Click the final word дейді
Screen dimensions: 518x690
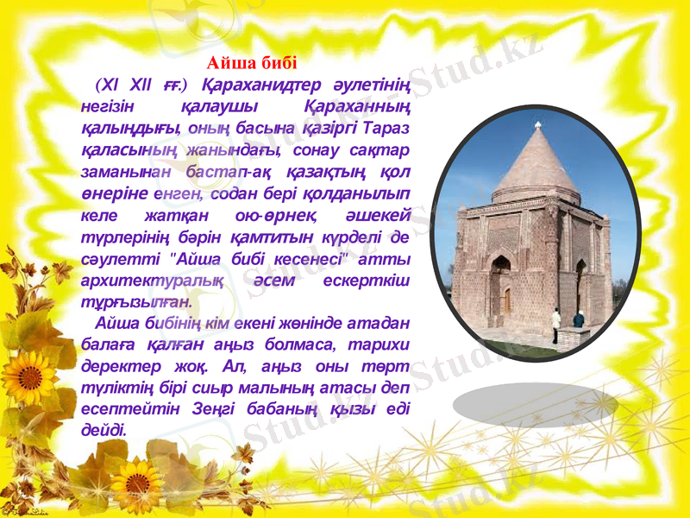101,430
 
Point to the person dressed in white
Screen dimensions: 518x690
556,325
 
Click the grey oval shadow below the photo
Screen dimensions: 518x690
536,405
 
